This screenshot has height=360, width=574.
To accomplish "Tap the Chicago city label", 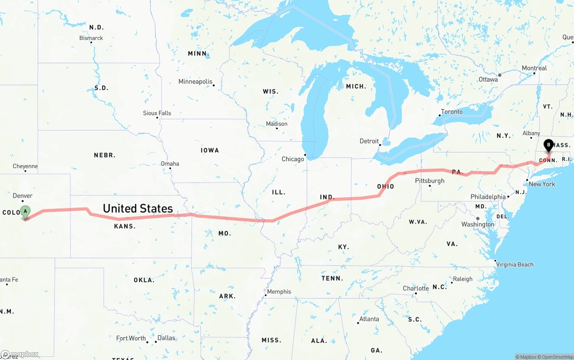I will [292, 159].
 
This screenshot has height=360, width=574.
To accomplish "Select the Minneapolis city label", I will [196, 82].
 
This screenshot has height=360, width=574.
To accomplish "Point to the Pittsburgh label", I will [430, 181].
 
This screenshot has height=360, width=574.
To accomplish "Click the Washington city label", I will [478, 224].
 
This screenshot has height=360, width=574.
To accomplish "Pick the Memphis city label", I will [279, 291].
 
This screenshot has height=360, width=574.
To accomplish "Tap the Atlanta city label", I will [369, 319].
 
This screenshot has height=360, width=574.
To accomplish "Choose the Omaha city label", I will [170, 164].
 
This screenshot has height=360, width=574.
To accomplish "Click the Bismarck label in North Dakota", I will [91, 38].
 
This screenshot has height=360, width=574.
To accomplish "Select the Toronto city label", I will [452, 112].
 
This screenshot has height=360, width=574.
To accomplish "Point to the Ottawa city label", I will [488, 79].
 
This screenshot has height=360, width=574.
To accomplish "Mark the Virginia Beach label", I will [514, 265].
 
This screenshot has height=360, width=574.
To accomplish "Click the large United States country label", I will [138, 208].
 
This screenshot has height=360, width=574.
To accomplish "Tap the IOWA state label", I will [210, 150].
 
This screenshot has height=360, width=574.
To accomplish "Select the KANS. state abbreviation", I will [125, 226].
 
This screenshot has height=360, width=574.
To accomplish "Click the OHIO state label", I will [385, 187].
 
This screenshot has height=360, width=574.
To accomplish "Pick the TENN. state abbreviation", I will [332, 278].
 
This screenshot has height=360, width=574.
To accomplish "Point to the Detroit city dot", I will [380, 145].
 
